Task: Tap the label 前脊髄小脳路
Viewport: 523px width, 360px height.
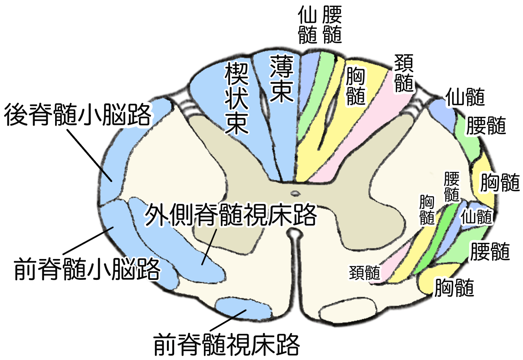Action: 87,269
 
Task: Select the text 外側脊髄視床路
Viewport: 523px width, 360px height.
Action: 230,215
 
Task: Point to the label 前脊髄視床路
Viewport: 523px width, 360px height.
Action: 226,344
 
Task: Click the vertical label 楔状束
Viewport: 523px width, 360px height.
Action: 236,98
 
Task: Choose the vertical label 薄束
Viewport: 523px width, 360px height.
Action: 281,79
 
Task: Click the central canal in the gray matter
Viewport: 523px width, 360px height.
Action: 295,193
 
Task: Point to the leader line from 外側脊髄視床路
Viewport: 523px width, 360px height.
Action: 209,247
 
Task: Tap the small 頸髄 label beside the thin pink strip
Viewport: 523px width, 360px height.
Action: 364,273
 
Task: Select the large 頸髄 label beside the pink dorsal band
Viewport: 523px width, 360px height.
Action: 404,73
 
